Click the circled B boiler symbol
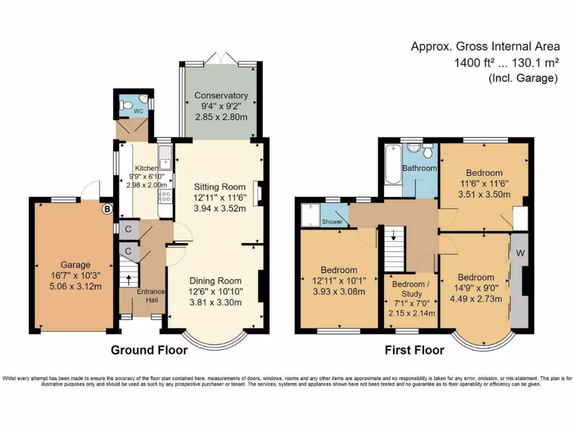tap(107, 209)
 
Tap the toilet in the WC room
tap(127, 105)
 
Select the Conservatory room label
tap(221, 96)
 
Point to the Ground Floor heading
tap(149, 350)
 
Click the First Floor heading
tap(414, 350)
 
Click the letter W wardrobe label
tap(520, 253)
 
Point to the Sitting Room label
tap(220, 186)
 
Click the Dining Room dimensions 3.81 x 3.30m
tap(215, 303)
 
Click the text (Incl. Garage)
tap(523, 78)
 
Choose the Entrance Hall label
tap(151, 296)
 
